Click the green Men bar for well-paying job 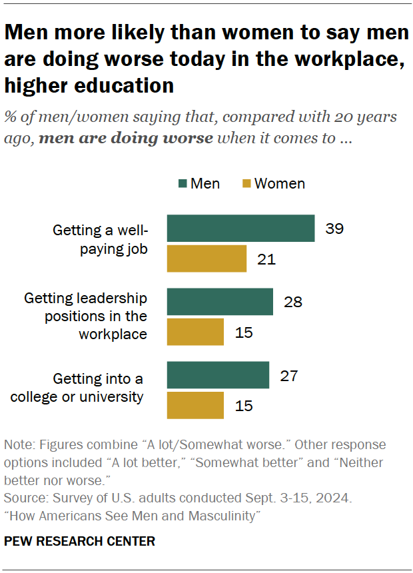click(x=240, y=229)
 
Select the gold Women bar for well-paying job click(x=206, y=259)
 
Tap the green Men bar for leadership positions click(x=220, y=302)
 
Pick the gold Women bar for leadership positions click(x=195, y=332)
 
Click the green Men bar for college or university click(x=218, y=375)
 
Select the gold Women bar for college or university click(x=195, y=405)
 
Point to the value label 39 click(x=334, y=229)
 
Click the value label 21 click(x=266, y=259)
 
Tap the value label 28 click(x=292, y=302)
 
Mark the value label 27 click(x=288, y=375)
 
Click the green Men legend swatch click(x=181, y=184)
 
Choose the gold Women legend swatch click(x=245, y=184)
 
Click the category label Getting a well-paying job click(x=101, y=239)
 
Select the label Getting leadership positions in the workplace click(x=86, y=316)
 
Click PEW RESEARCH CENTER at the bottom click(x=79, y=542)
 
